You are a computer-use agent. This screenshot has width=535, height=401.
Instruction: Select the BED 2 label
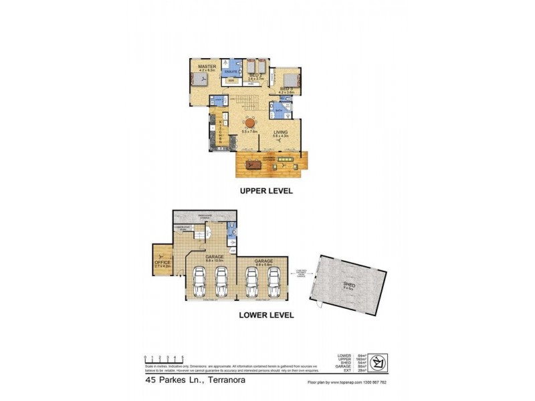256,75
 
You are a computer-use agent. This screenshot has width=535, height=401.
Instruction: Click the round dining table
249,122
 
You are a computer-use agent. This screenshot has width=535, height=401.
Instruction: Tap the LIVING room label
280,132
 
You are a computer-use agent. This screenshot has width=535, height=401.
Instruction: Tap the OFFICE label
163,263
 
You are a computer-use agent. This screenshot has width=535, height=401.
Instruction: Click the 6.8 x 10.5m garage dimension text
215,259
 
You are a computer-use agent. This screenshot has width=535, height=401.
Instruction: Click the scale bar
164,360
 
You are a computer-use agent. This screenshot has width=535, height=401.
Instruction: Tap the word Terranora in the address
223,382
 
